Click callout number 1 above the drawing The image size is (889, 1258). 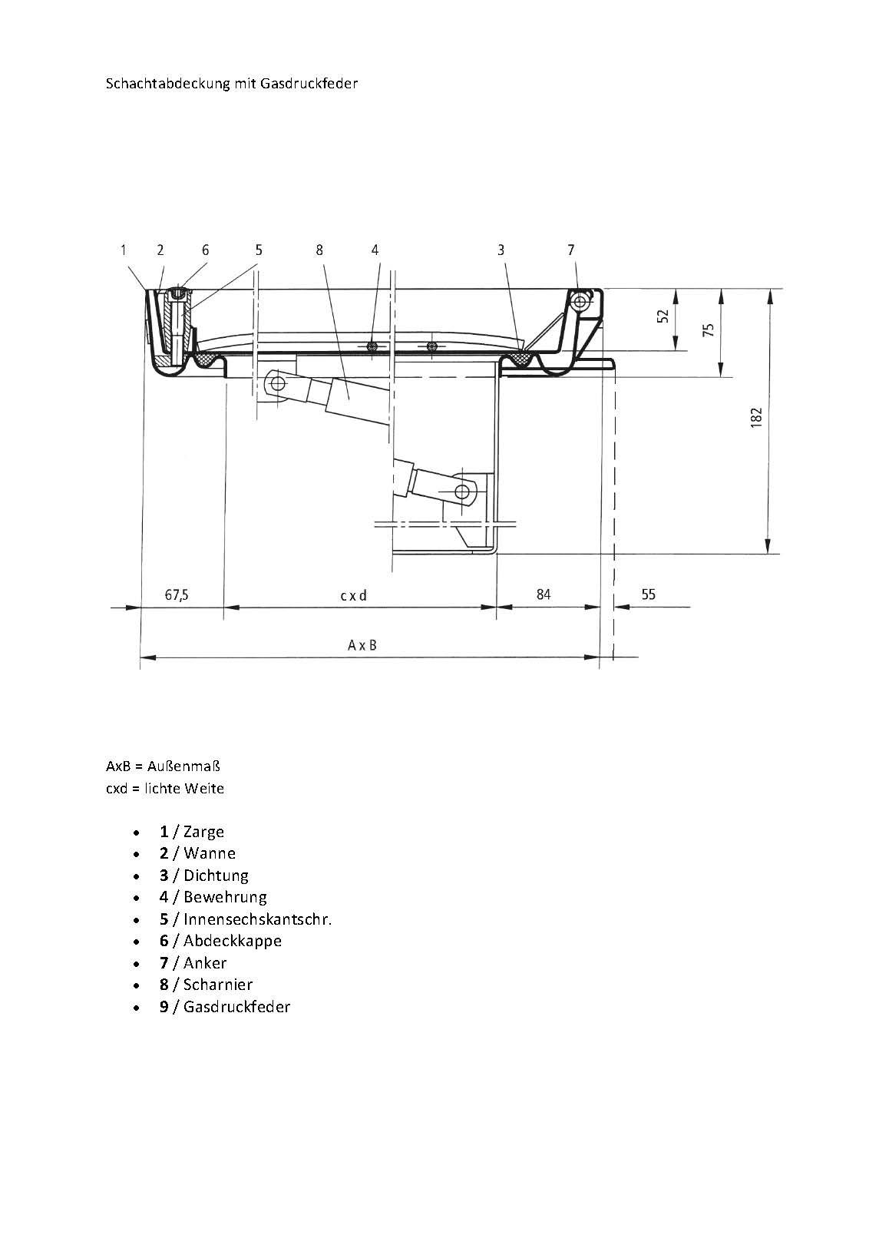pos(123,250)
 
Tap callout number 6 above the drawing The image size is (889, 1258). pos(205,250)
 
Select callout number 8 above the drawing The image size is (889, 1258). pos(319,250)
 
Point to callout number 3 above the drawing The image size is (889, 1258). pos(501,250)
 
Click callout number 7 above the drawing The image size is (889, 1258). pos(570,250)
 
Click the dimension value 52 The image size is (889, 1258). pos(663,316)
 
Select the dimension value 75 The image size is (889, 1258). pos(709,329)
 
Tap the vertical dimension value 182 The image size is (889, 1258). pos(756,418)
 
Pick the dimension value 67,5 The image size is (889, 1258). pos(177,594)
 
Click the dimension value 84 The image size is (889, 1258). pos(544,594)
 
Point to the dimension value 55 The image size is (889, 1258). pos(648,594)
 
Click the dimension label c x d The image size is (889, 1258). pos(354,595)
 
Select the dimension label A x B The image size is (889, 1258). pos(362,645)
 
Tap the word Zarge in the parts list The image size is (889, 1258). pos(203,832)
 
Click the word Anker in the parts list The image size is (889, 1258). pos(205,963)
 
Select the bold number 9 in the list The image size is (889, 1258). pos(164,1007)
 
